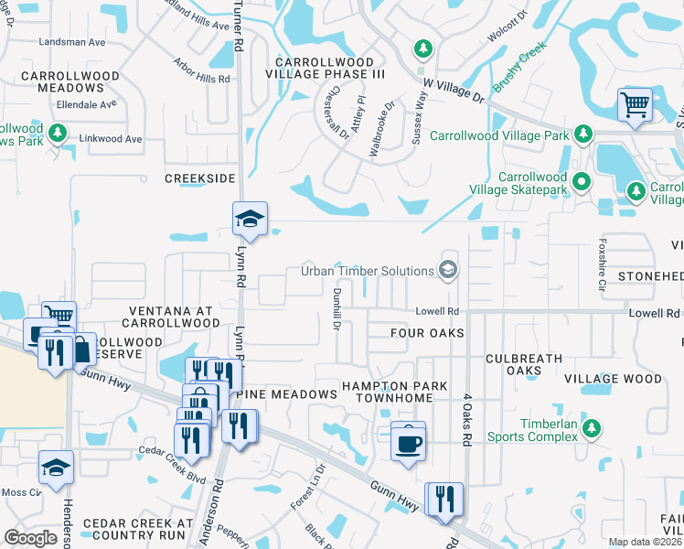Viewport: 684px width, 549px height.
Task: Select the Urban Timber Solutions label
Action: click(368, 271)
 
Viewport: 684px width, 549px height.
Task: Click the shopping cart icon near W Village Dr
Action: click(635, 104)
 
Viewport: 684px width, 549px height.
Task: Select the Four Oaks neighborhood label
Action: click(427, 333)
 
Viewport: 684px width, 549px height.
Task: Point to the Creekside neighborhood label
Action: click(200, 178)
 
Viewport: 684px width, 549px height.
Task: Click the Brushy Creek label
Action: click(520, 66)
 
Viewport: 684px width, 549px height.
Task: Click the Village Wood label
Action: click(613, 379)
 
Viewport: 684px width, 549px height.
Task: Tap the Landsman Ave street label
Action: click(72, 42)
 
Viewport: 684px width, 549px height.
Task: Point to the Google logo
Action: click(30, 538)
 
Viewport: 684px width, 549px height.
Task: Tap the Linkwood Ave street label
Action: click(111, 139)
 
